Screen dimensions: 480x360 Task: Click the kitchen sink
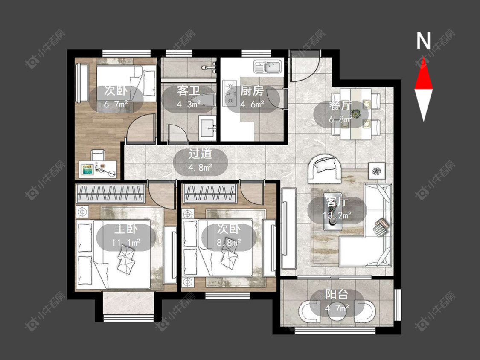click(x=268, y=67)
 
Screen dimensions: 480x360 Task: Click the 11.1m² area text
click(x=126, y=243)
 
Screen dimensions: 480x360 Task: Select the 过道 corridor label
click(x=200, y=154)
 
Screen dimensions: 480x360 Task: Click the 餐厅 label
click(x=340, y=106)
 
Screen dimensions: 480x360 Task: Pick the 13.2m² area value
click(x=337, y=215)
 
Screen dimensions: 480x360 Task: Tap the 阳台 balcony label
click(x=337, y=294)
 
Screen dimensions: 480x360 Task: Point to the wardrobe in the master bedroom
click(x=111, y=194)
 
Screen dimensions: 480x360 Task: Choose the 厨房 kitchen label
click(x=252, y=90)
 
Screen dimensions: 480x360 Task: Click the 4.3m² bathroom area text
click(x=189, y=105)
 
